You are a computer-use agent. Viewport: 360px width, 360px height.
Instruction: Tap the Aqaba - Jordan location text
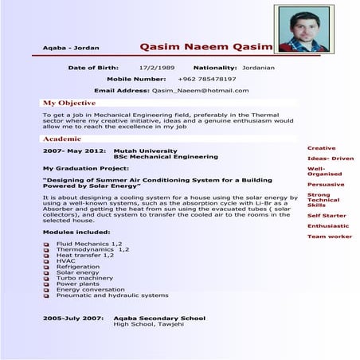tap(71, 48)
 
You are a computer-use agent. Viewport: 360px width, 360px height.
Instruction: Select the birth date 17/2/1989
tap(156, 68)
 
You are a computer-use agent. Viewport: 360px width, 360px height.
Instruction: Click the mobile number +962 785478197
tap(207, 80)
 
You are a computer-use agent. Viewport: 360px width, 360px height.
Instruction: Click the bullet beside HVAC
tap(47, 260)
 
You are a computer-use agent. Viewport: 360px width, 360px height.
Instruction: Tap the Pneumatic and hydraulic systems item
tap(112, 295)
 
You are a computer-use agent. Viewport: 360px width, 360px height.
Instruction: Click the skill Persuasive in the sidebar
tap(326, 184)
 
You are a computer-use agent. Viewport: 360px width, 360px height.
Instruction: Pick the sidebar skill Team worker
tap(330, 237)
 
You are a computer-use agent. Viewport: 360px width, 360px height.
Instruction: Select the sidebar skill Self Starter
tap(327, 215)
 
